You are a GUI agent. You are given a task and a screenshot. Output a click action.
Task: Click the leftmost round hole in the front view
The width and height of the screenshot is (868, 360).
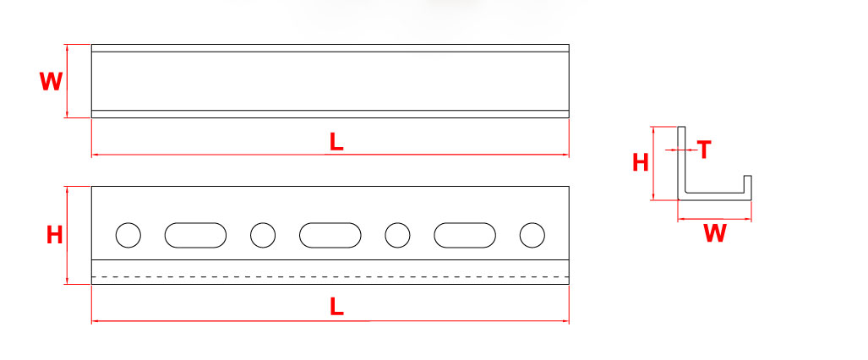coord(128,235)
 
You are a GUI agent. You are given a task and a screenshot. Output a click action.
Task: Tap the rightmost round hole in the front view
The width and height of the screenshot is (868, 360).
coord(532,235)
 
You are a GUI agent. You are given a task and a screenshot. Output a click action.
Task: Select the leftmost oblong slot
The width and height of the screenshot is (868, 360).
coord(195,235)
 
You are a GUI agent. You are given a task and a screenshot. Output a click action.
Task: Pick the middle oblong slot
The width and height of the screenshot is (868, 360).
coord(330,235)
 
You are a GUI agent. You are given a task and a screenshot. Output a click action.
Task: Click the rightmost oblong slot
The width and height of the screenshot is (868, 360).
coord(465,235)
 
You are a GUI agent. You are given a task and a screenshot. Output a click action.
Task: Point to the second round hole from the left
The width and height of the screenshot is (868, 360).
coord(263,235)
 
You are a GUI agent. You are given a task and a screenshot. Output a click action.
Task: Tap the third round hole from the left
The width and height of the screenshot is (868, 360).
coord(397,235)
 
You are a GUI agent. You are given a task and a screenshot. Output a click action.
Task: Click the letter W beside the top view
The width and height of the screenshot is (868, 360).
coord(51,81)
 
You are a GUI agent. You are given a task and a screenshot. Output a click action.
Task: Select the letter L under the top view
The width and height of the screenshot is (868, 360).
coord(336,142)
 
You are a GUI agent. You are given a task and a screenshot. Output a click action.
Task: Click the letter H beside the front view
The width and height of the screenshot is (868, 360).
coord(54,236)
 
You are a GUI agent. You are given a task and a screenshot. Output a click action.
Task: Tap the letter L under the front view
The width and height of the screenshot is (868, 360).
coord(336,306)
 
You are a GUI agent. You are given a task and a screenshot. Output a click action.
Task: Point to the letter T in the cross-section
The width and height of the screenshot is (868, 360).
coord(704,150)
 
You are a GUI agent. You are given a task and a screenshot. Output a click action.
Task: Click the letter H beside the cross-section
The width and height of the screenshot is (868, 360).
coord(641,163)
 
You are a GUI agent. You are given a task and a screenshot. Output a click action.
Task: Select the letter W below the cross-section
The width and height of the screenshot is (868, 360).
coord(715,233)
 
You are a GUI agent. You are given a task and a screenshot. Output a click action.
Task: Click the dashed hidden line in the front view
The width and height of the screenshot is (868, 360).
coord(330,276)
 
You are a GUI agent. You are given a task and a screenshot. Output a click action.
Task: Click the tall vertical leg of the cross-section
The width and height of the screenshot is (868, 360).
coord(682,161)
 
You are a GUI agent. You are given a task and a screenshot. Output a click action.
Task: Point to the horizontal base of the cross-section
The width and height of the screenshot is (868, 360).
coord(715,197)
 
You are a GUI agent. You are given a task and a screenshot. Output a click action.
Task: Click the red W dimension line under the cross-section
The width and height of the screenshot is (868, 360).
coord(715,219)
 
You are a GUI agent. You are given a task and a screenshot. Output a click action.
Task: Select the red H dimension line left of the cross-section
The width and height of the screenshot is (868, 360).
coord(654,163)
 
